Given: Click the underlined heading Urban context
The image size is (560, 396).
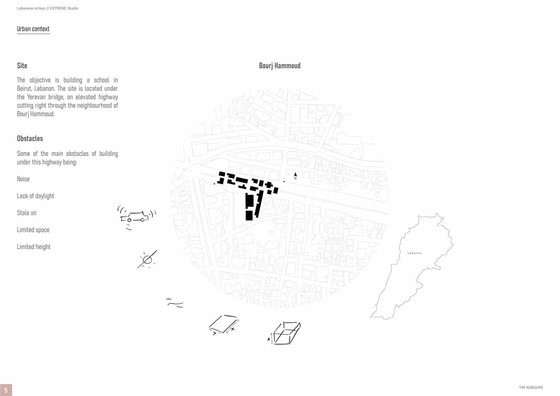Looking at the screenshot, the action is pos(33,29).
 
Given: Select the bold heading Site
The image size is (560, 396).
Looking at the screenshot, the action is pos(22,66).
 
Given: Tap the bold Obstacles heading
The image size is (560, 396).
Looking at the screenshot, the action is pos(30,139).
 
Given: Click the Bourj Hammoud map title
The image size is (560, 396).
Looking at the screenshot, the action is pos(280,66).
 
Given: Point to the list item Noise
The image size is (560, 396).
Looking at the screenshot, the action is pos(23,179).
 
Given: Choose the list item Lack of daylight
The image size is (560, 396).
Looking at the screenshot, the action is pos(36,196).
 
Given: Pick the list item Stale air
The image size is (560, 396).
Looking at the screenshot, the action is pos(27,213).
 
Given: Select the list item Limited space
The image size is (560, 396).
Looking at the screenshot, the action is pos(33,230).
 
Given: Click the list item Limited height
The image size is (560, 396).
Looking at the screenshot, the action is pos(34,247).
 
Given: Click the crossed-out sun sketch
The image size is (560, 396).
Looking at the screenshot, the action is pos(147,259).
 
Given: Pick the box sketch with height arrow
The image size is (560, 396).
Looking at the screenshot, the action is pos(285,333).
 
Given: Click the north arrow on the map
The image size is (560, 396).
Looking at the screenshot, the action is pos(295,175).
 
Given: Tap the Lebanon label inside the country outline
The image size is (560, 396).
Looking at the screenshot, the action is pos(414,253).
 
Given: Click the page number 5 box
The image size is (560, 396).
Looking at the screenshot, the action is pos(6,390).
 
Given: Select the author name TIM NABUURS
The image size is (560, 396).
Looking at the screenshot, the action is pos(531,388).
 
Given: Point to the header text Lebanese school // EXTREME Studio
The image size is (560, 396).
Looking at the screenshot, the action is pos(47,8).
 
